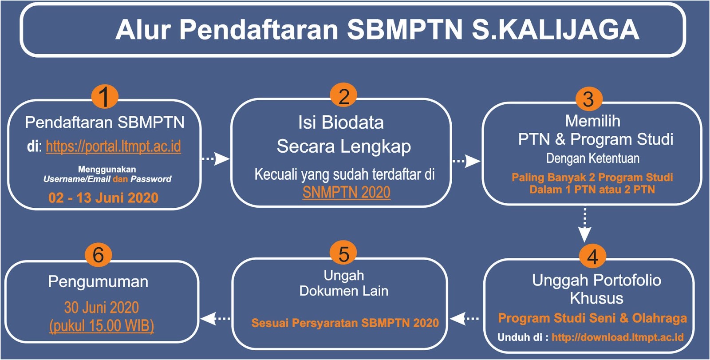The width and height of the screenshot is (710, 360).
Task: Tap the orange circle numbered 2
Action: (x=343, y=96)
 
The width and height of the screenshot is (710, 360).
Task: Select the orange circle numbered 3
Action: (x=588, y=99)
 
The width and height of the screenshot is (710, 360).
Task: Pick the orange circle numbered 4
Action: (x=592, y=257)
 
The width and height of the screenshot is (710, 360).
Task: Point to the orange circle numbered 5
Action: (x=343, y=254)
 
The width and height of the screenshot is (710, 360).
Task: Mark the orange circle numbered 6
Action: (x=98, y=255)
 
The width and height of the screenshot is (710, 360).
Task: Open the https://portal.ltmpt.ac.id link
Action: (x=114, y=146)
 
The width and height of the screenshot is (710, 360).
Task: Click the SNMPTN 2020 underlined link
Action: (x=347, y=192)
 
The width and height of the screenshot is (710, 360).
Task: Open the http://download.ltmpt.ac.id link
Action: (x=618, y=337)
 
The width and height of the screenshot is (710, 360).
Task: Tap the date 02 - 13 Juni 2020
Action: (x=103, y=198)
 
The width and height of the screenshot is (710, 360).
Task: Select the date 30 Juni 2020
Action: (x=102, y=307)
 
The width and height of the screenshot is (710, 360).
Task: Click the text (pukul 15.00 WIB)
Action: (x=102, y=326)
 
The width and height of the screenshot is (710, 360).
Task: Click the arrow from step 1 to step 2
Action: (x=216, y=158)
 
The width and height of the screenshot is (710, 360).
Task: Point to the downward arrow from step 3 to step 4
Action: (x=585, y=225)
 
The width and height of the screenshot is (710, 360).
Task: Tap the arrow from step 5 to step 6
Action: (x=216, y=318)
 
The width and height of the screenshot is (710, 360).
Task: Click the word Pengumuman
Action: (x=98, y=282)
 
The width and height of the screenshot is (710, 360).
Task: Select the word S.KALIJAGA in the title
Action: (x=555, y=29)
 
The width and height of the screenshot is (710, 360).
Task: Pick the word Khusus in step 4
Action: (x=596, y=298)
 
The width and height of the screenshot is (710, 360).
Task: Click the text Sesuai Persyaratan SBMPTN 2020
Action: (x=345, y=323)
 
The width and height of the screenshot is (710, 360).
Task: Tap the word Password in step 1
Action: (x=151, y=179)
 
